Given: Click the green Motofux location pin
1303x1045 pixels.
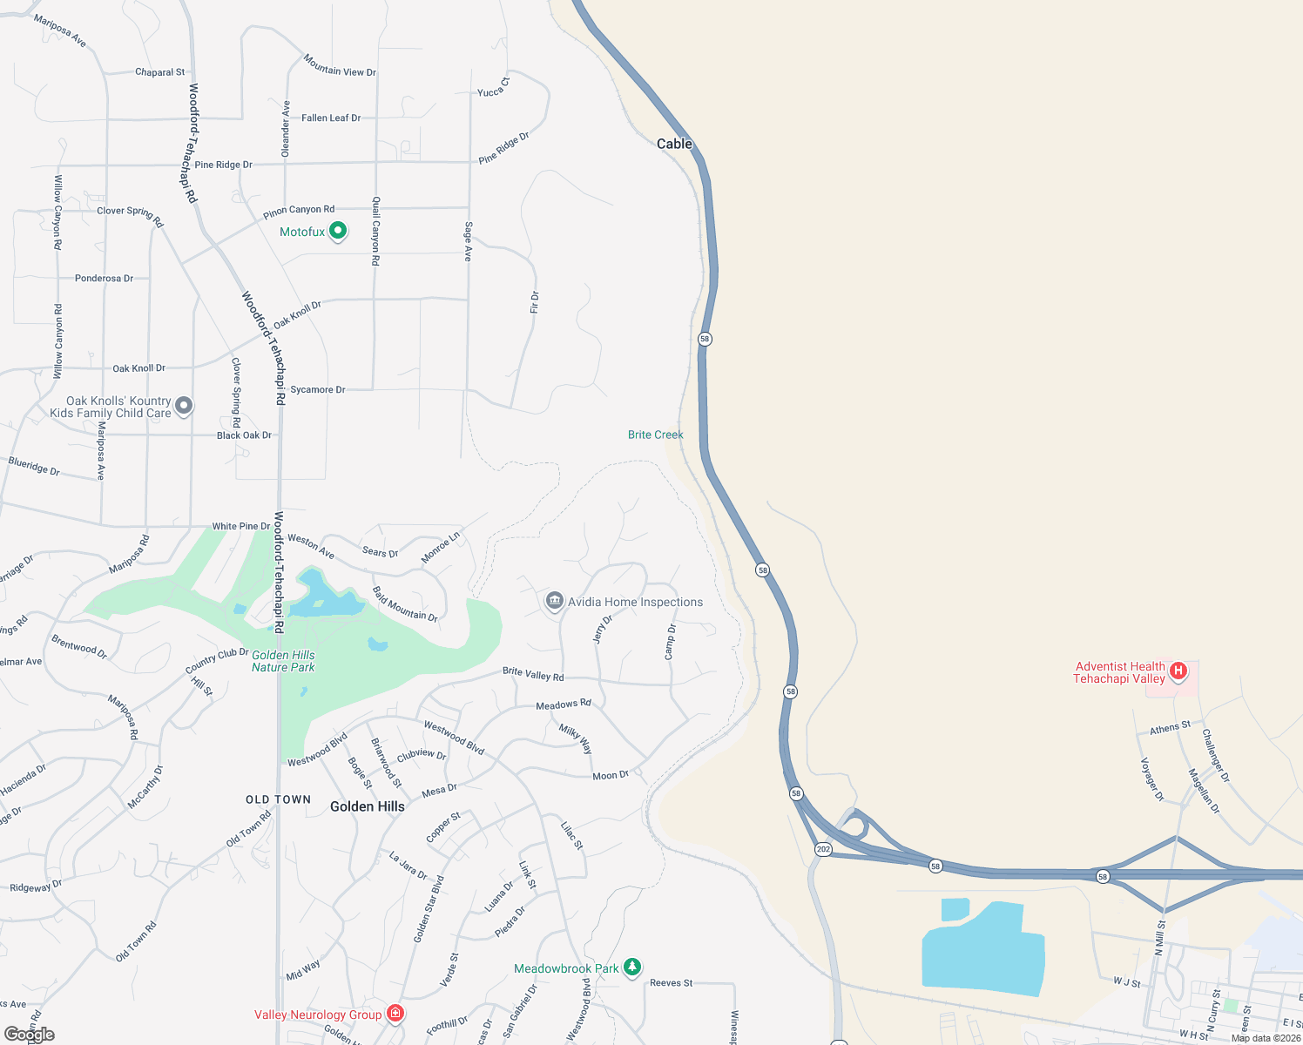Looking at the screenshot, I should pos(338,231).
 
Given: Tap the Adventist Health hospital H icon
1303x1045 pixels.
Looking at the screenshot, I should pos(1178,671).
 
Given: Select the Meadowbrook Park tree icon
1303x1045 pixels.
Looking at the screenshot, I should pos(632,967).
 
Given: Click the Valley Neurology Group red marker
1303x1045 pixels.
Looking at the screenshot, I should pos(395,1013).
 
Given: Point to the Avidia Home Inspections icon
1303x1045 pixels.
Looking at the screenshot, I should pos(554,601).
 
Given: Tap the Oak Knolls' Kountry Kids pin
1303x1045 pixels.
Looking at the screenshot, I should pos(184,405).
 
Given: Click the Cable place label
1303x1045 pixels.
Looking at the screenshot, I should pos(674,144).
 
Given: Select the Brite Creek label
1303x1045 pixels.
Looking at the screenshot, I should pos(655,435).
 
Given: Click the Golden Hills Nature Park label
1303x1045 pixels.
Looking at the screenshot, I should pos(283,661).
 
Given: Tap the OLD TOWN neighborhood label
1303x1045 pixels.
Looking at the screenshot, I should pos(278,799).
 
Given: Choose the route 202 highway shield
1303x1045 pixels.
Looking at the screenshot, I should pos(823,848).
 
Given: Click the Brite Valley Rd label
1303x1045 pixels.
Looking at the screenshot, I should pos(533,674).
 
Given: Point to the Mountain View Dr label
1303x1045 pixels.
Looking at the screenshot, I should pos(340,65).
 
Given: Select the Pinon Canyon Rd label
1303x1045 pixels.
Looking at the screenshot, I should pos(299,211).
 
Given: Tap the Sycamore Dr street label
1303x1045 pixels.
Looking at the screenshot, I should pos(317,389).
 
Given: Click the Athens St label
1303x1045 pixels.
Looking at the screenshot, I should pos(1170,727).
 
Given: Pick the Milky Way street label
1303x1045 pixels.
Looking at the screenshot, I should pos(576,739).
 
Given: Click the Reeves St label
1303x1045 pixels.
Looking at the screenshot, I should pos(671,982).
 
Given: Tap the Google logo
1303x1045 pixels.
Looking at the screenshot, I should pos(30,1035).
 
